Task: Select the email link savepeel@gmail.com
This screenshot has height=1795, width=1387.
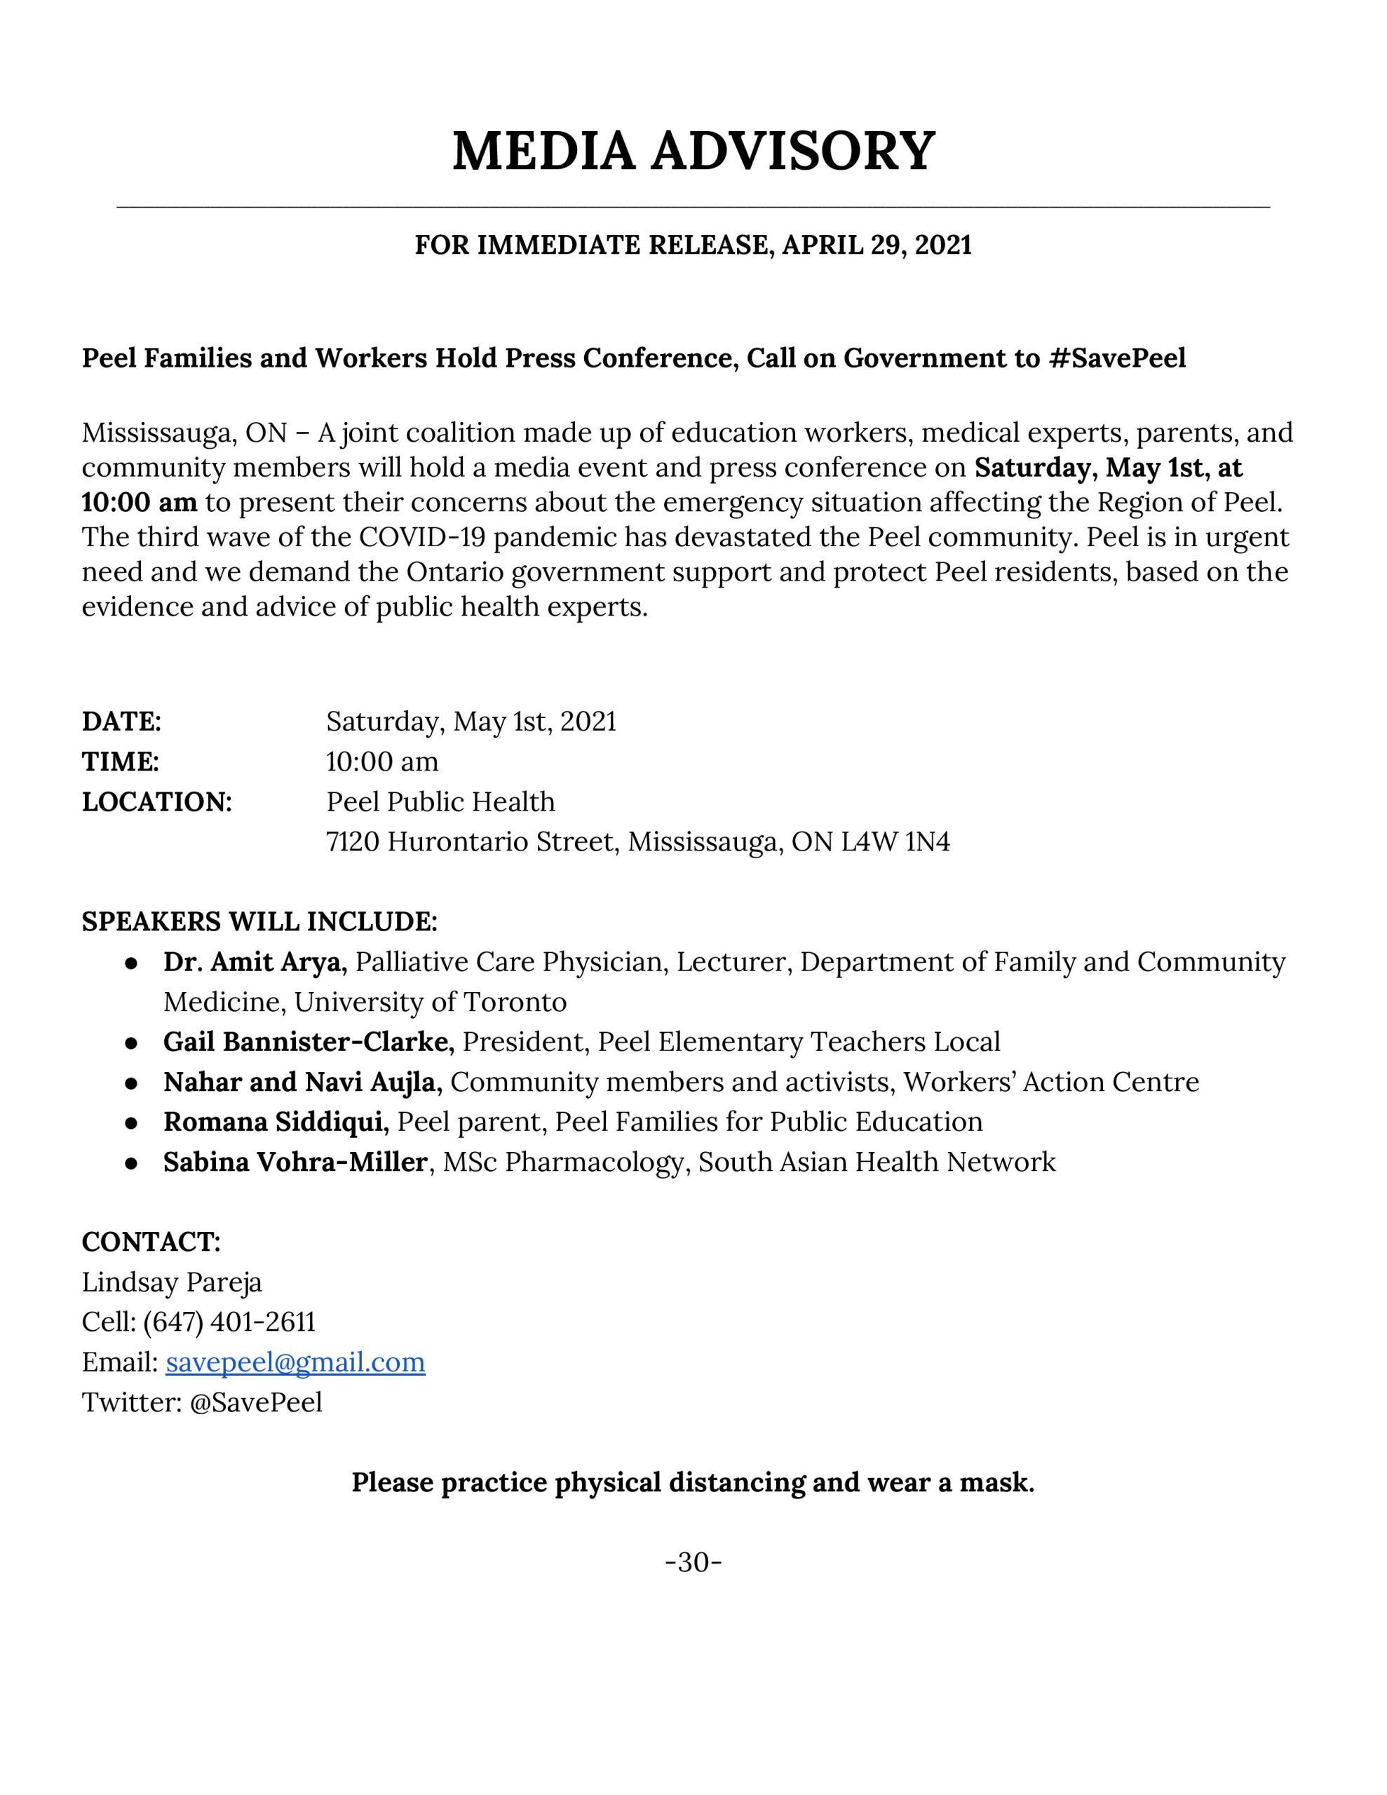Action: pyautogui.click(x=295, y=1362)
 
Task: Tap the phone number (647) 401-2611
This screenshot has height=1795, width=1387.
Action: pyautogui.click(x=229, y=1322)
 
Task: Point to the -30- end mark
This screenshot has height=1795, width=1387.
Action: pyautogui.click(x=693, y=1562)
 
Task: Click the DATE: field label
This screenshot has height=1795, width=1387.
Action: pyautogui.click(x=121, y=722)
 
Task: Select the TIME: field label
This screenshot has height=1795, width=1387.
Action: pyautogui.click(x=120, y=762)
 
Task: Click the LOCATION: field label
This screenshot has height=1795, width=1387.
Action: pyautogui.click(x=157, y=801)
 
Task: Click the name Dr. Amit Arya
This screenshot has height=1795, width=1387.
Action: pyautogui.click(x=256, y=961)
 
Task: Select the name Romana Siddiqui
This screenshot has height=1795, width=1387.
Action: pyautogui.click(x=276, y=1122)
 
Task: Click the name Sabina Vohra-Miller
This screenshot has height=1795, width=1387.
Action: pyautogui.click(x=295, y=1162)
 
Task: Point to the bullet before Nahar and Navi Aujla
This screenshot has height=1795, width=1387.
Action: pyautogui.click(x=130, y=1083)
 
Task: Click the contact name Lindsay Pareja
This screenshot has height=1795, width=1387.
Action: pyautogui.click(x=172, y=1282)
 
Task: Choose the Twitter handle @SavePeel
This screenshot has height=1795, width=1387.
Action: pyautogui.click(x=256, y=1402)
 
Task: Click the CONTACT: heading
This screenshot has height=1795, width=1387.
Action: pyautogui.click(x=151, y=1242)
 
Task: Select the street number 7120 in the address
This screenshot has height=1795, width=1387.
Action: pyautogui.click(x=353, y=841)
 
